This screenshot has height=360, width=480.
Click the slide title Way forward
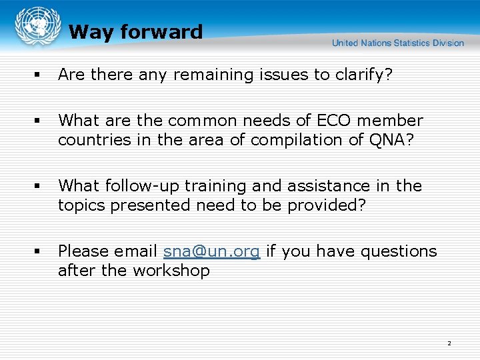click(x=135, y=32)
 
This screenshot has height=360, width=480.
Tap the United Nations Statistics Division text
click(x=397, y=43)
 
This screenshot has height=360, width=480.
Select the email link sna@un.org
click(x=212, y=251)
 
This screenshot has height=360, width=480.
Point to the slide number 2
click(x=449, y=343)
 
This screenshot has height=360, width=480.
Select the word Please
click(x=81, y=251)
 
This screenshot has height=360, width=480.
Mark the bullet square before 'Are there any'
click(x=39, y=75)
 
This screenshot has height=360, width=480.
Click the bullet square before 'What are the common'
click(x=39, y=121)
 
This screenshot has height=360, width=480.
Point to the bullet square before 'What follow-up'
click(x=39, y=187)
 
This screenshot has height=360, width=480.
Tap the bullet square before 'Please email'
click(x=39, y=252)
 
